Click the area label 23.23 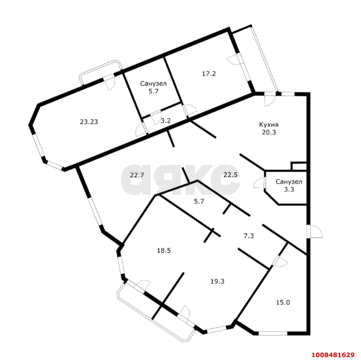(89, 122)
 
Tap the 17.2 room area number (209, 74)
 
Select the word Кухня (269, 125)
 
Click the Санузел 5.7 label (153, 87)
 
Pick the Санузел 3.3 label (289, 185)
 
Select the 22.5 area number (230, 175)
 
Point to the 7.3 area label (249, 236)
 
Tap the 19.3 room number (217, 281)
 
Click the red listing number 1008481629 (333, 347)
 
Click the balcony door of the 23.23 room (109, 83)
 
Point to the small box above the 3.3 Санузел (299, 166)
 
